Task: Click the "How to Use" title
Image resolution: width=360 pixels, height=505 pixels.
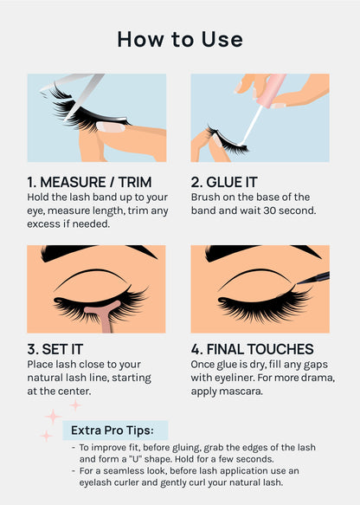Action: click(x=180, y=39)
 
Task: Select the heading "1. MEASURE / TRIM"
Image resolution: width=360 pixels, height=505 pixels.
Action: click(x=89, y=182)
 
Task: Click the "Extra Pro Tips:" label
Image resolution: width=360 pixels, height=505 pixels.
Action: click(x=112, y=430)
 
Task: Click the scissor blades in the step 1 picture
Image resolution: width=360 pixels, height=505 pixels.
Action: click(x=83, y=89)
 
